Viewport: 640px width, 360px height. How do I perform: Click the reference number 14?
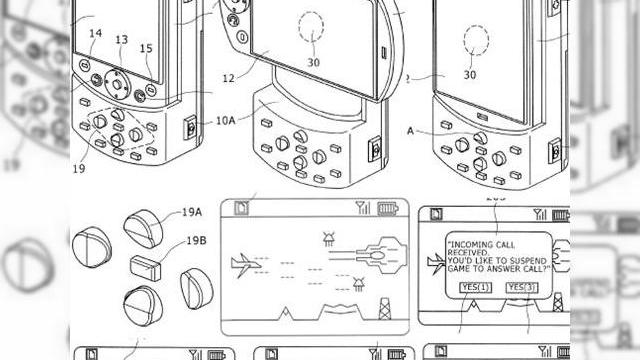pos(95,34)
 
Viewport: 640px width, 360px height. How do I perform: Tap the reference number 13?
pos(121,39)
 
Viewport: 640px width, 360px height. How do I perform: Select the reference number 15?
pos(147,48)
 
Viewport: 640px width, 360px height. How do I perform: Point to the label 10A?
pos(225,121)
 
